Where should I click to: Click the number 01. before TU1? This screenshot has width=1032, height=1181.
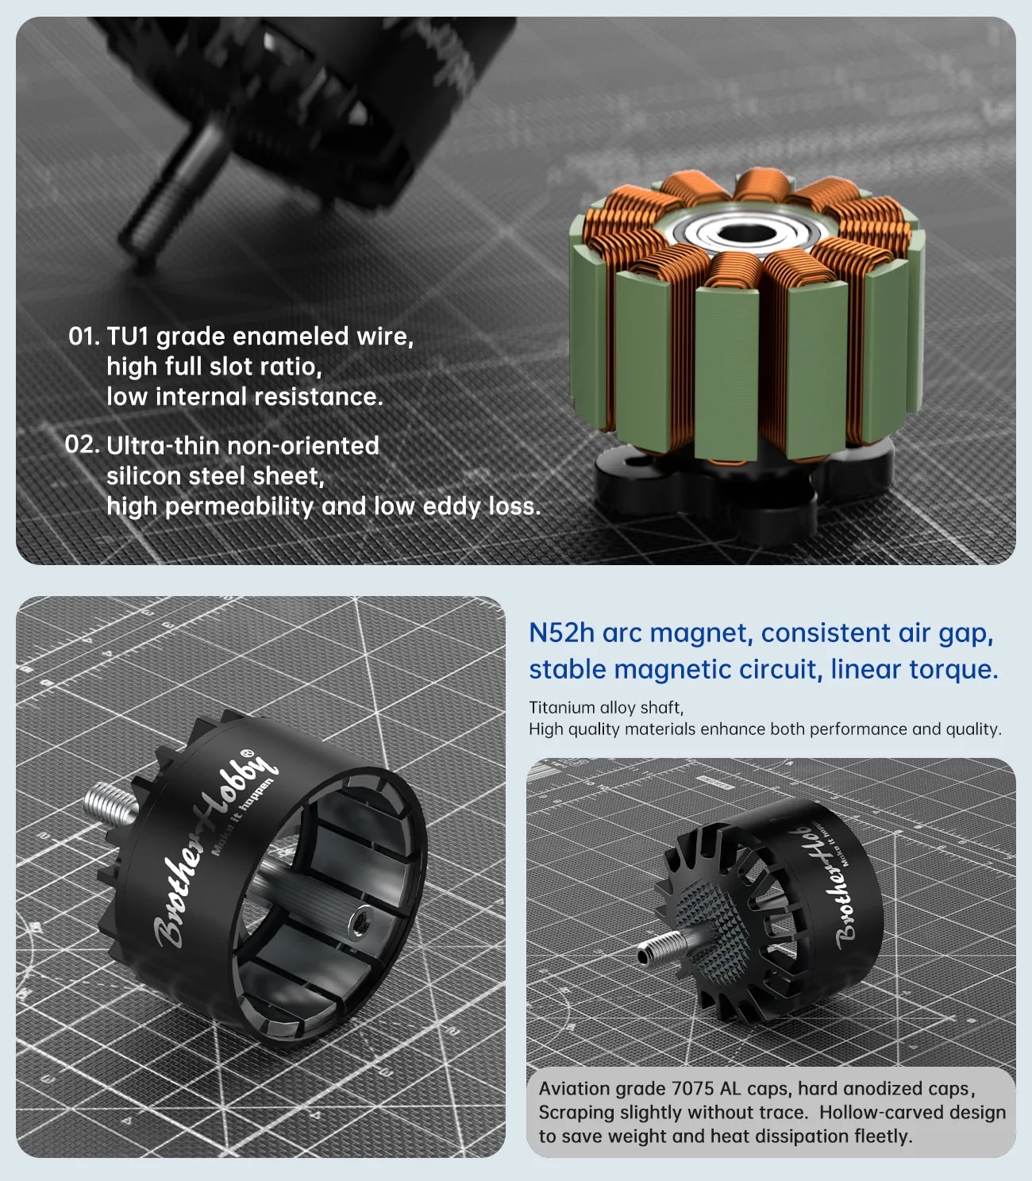click(84, 336)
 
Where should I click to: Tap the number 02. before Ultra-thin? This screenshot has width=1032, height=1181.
click(82, 444)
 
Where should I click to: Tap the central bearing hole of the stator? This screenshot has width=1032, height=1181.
click(748, 233)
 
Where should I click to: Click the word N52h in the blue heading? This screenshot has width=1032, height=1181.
click(561, 633)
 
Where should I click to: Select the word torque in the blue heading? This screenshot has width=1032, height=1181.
click(953, 670)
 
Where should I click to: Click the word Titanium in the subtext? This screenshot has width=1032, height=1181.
click(561, 708)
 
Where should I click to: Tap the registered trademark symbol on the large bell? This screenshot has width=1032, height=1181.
click(246, 752)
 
